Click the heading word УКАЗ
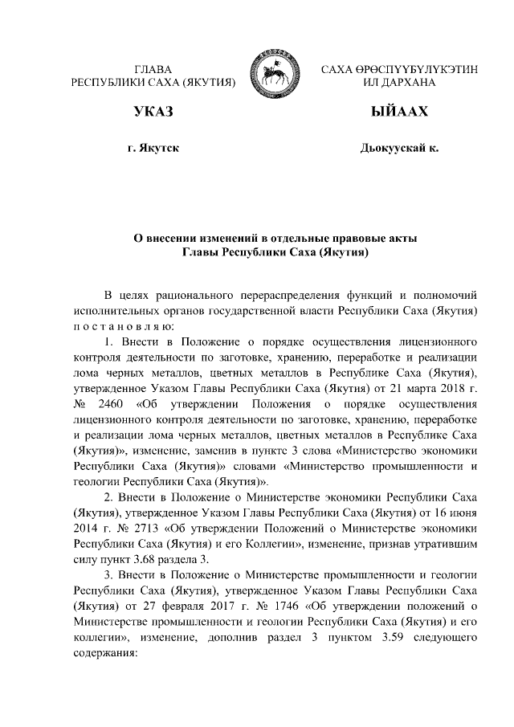(x=153, y=111)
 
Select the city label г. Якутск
(x=153, y=148)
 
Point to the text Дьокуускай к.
(x=398, y=148)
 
